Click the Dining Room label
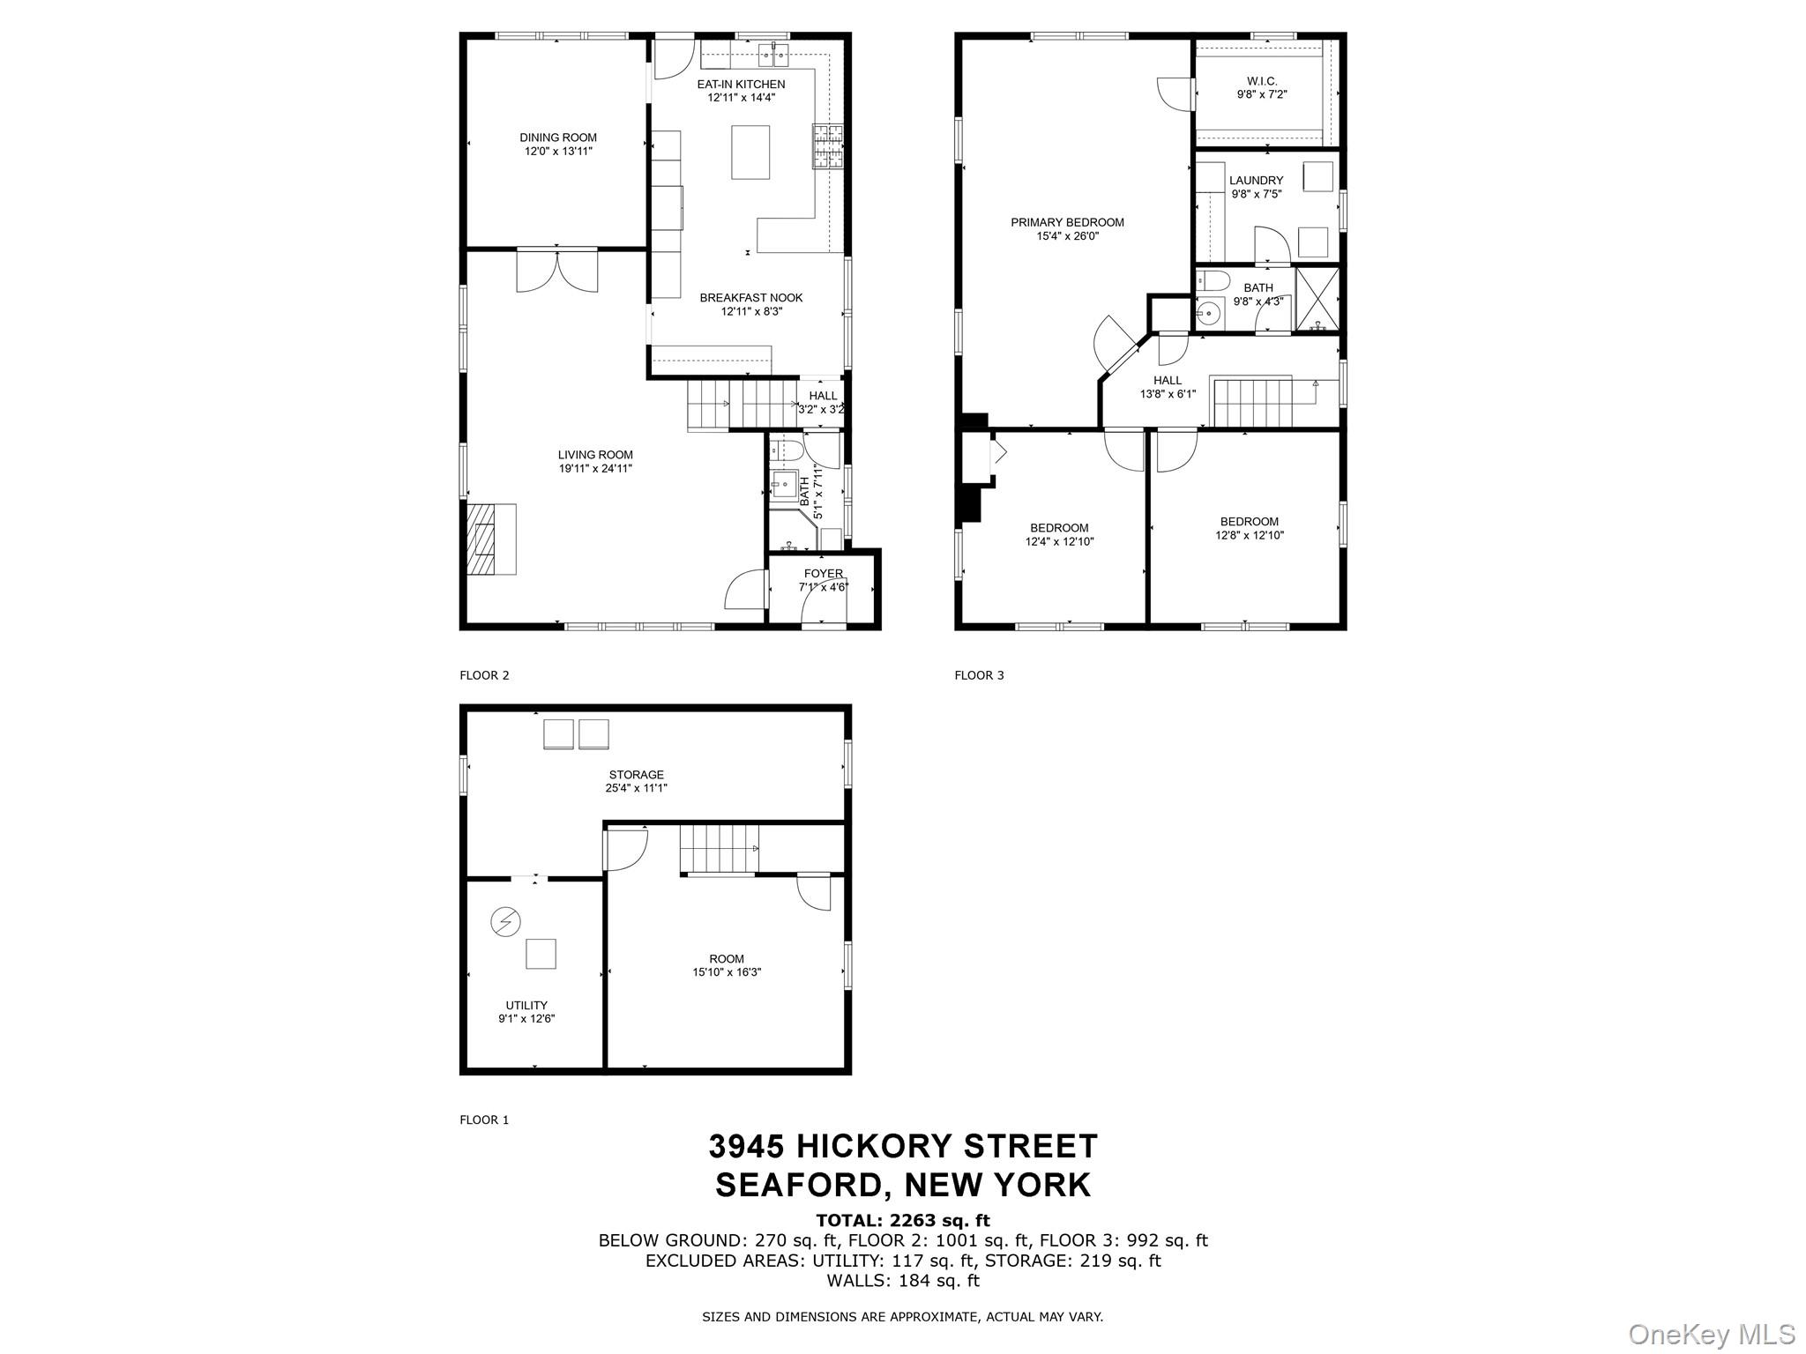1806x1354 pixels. [557, 138]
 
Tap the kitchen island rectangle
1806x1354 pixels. [750, 152]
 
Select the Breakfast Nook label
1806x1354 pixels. [750, 298]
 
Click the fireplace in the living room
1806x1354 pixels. [490, 539]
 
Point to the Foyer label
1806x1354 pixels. [823, 574]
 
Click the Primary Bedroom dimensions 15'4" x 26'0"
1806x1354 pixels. [1067, 236]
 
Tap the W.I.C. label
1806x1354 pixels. [1261, 81]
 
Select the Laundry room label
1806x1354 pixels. [1256, 181]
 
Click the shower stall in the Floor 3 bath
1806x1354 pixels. [1317, 300]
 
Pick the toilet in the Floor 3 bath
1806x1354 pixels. [1214, 281]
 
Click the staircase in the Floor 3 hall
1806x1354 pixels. [1252, 401]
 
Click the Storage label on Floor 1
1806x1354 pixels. [636, 775]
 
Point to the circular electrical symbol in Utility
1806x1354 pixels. [505, 922]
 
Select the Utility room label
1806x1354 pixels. [526, 1005]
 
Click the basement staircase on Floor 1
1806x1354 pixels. [719, 847]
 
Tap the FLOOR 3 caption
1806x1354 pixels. [979, 675]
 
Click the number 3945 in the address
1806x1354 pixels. [746, 1146]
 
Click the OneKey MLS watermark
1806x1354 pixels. [1711, 1334]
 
